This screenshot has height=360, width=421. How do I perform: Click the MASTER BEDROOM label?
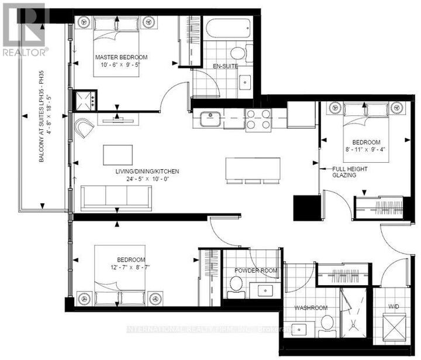(x=122, y=57)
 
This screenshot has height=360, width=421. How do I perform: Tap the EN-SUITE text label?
(x=225, y=67)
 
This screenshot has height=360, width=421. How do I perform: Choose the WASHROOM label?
(x=310, y=308)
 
